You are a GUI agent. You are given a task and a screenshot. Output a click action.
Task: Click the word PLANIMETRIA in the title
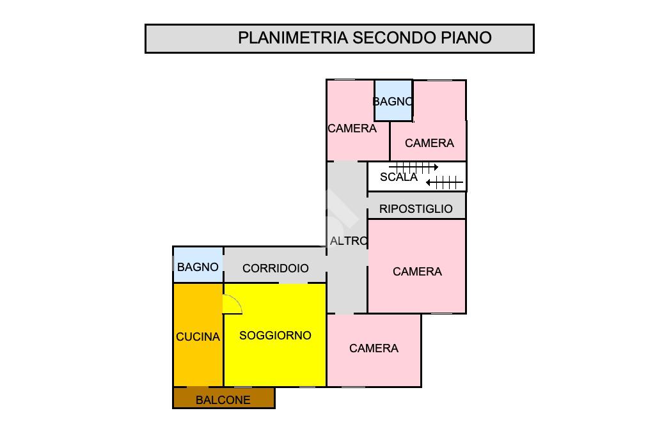pyautogui.click(x=293, y=38)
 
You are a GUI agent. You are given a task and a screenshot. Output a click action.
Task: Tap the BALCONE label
pyautogui.click(x=223, y=400)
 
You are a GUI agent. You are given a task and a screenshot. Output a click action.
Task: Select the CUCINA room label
pyautogui.click(x=198, y=337)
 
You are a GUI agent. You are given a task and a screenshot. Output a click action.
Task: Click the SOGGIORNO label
pyautogui.click(x=275, y=336)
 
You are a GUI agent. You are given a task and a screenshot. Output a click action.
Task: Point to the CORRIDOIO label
pyautogui.click(x=275, y=268)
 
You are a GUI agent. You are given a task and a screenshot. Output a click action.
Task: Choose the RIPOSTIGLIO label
pyautogui.click(x=416, y=209)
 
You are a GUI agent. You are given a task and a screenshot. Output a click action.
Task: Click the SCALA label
pyautogui.click(x=399, y=177)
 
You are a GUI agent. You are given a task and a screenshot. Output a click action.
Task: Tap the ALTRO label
pyautogui.click(x=349, y=241)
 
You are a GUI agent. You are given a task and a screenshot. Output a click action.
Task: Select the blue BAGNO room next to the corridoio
pyautogui.click(x=198, y=265)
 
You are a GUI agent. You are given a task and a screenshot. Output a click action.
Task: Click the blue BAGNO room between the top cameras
pyautogui.click(x=393, y=100)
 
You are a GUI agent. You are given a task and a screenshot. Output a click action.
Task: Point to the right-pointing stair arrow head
pyautogui.click(x=436, y=167)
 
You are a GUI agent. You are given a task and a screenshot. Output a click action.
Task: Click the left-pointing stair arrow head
pyautogui.click(x=429, y=182)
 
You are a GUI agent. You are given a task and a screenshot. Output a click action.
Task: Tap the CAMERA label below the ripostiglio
pyautogui.click(x=417, y=272)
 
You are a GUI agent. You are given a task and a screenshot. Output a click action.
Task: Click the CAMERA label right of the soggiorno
pyautogui.click(x=374, y=348)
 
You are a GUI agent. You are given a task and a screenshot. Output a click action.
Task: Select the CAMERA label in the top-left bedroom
pyautogui.click(x=352, y=128)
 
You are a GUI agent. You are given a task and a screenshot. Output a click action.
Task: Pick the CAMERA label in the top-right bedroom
pyautogui.click(x=429, y=143)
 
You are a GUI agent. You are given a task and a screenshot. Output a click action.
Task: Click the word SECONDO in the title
pyautogui.click(x=394, y=38)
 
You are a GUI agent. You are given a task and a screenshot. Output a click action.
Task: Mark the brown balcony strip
pyautogui.click(x=224, y=398)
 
